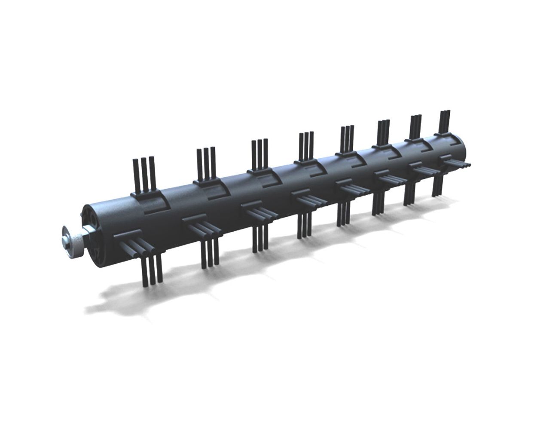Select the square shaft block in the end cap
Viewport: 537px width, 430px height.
[92, 223]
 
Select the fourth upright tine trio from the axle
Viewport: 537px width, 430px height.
[306, 146]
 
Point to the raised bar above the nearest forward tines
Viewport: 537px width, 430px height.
[125, 236]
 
